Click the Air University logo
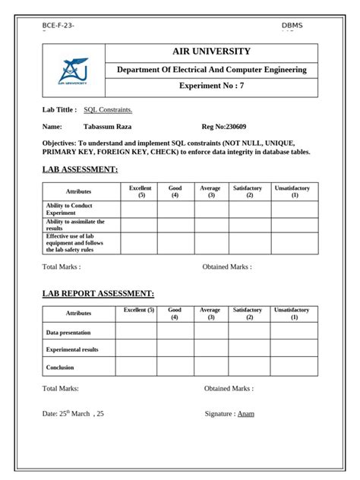pos(73,71)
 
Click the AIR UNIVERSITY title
pos(212,52)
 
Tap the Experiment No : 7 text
pos(212,87)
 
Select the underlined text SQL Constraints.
pos(108,109)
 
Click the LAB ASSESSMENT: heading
pos(80,169)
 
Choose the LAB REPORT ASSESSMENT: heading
pos(98,293)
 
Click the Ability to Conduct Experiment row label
pos(69,209)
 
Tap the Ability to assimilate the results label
pos(75,224)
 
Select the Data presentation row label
pos(68,332)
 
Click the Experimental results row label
pos(72,349)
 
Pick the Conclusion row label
pos(60,367)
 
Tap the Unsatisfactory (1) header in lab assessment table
pos(295,191)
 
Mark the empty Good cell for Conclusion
pos(175,367)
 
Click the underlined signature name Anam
pos(245,414)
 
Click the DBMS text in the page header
pos(292,26)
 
